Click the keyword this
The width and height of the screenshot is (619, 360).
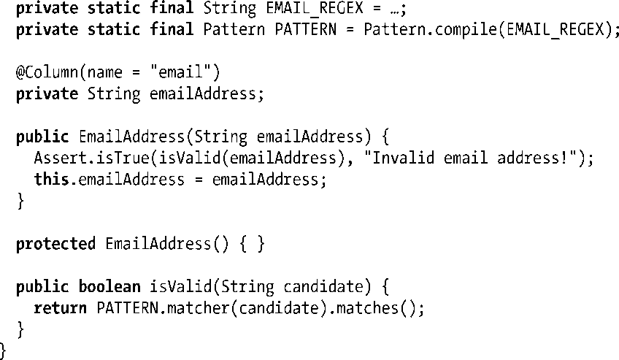pos(50,180)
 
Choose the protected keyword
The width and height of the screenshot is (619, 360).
pos(55,244)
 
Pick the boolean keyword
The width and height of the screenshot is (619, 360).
pos(109,286)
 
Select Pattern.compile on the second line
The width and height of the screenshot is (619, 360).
pos(428,30)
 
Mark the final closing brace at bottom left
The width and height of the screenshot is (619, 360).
pos(3,351)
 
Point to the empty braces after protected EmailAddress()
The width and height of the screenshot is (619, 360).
pos(250,244)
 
